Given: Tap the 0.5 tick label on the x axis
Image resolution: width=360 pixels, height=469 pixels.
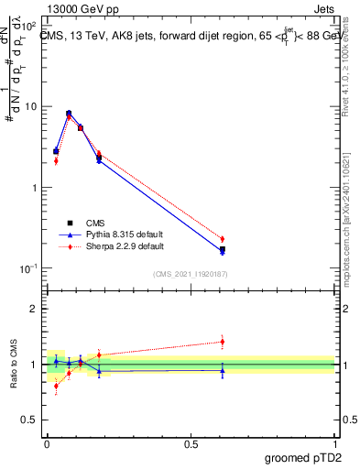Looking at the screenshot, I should point(191,443).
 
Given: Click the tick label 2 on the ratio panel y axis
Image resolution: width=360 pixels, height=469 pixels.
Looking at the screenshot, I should point(35,310).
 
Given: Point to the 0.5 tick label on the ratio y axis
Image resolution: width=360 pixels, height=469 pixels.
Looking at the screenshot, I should point(30,421).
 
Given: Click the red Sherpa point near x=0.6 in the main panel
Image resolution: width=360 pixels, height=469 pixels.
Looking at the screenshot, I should point(223,239).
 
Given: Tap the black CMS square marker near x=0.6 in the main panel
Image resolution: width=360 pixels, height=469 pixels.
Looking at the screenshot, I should point(223,249).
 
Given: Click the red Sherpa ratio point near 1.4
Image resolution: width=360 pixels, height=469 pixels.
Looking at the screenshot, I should point(223,342).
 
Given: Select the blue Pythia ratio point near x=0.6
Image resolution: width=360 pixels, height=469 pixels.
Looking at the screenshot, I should point(223,370).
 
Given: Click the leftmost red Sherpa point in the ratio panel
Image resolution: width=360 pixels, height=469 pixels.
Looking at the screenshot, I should point(56,386).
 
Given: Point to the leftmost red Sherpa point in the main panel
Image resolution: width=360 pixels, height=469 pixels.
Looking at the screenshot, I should point(56,160).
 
